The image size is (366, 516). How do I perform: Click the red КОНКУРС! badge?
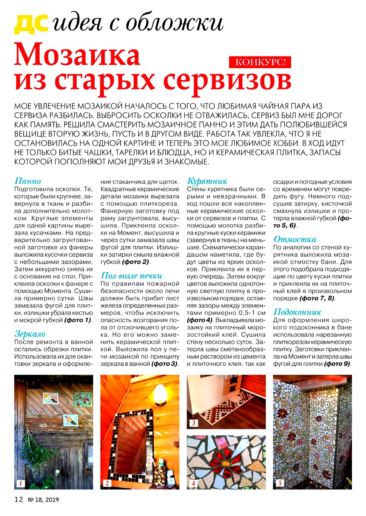click(x=261, y=62)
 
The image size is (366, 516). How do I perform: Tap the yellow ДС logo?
click(x=31, y=24)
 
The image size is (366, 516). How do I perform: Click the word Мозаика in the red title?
click(x=77, y=55)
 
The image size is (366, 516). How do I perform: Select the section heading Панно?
click(x=28, y=181)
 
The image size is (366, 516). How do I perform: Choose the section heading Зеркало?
click(x=30, y=334)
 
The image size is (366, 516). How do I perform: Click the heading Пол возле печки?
click(x=131, y=276)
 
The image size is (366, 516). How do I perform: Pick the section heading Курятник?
click(x=207, y=181)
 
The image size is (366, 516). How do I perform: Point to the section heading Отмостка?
click(x=295, y=239)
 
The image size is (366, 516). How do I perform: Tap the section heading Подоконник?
click(x=297, y=312)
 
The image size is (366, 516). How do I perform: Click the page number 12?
click(x=19, y=500)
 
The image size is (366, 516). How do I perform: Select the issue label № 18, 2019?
click(x=43, y=500)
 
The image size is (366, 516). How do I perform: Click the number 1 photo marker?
click(x=21, y=483)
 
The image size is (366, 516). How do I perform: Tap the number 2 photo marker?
click(x=107, y=483)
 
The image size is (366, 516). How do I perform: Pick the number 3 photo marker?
click(x=193, y=423)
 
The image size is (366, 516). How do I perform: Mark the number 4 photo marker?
click(x=193, y=483)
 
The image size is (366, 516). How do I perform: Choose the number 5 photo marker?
click(x=280, y=483)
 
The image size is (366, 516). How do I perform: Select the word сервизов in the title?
click(x=227, y=80)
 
